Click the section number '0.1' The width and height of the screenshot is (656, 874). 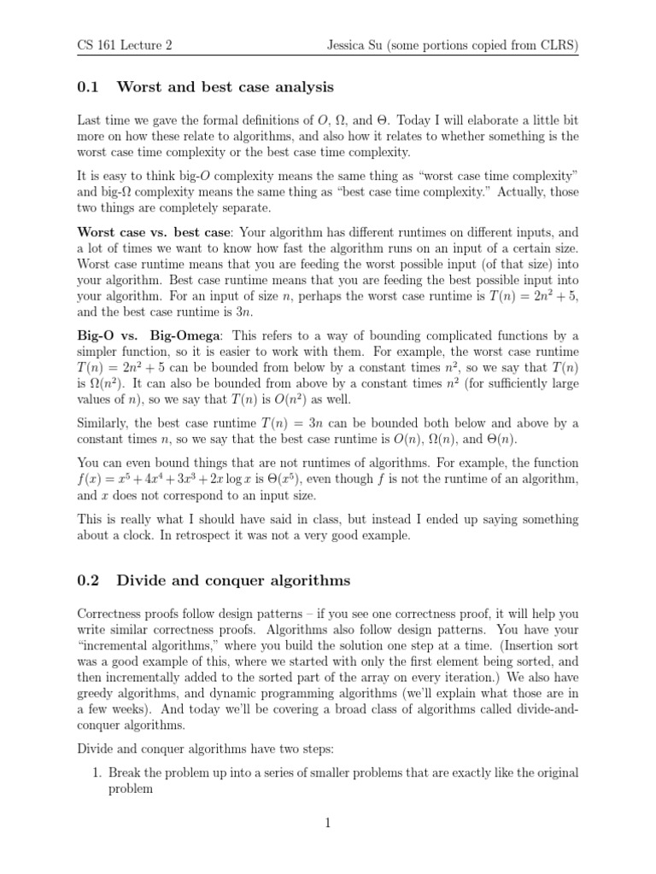[89, 87]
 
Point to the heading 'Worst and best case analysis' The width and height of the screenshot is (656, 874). [225, 87]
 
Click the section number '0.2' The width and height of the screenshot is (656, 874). [89, 581]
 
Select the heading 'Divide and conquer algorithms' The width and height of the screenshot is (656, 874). [233, 581]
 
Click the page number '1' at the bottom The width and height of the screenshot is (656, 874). [327, 823]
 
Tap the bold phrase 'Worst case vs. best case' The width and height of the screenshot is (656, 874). [155, 232]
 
